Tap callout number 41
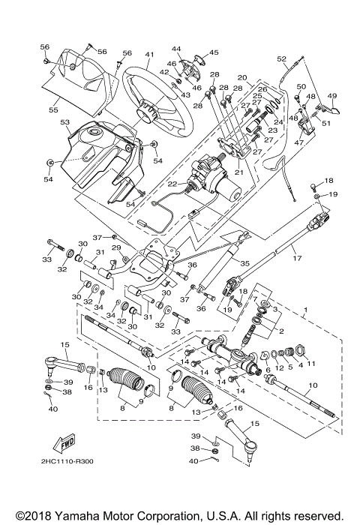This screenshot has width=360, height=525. tap(150, 55)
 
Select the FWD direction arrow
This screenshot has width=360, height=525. tap(65, 440)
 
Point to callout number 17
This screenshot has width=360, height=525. tap(296, 259)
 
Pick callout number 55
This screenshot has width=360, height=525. tap(53, 109)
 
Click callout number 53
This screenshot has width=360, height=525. tap(64, 121)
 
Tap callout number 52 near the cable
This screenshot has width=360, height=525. tap(282, 58)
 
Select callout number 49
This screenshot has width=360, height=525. tap(332, 96)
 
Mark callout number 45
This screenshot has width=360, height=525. tap(214, 52)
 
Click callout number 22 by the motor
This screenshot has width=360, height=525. tap(171, 184)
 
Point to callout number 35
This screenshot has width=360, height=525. tap(244, 264)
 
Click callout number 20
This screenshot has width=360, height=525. tap(242, 78)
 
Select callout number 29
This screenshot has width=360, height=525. tap(116, 247)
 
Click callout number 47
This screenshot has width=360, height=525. tap(297, 141)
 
